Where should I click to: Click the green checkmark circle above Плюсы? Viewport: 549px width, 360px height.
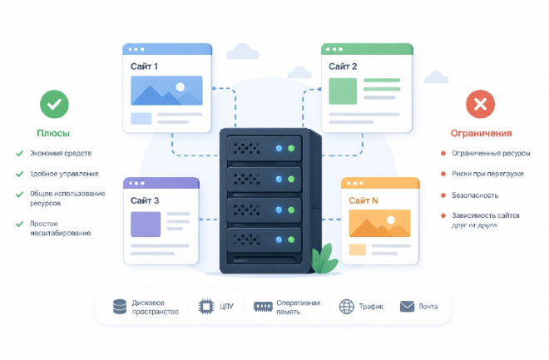tap(54, 104)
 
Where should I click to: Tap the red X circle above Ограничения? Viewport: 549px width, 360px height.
tap(479, 104)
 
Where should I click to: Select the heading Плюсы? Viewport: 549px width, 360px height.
tap(53, 133)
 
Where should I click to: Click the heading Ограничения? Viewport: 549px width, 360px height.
tap(481, 133)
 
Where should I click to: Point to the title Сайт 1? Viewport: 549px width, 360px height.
tap(145, 66)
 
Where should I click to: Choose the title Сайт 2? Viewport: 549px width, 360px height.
tap(343, 66)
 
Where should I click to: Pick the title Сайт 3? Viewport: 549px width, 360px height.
tap(145, 200)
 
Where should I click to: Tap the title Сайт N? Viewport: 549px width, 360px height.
tap(364, 200)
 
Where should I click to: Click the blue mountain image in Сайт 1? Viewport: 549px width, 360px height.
tap(166, 91)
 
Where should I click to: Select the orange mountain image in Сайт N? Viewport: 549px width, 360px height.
tap(379, 224)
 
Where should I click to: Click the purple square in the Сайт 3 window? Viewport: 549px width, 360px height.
tap(146, 224)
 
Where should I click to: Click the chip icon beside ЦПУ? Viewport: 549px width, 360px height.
tap(205, 307)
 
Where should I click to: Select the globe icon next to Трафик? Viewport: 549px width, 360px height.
tap(347, 307)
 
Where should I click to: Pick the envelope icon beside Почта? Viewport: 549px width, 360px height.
tap(407, 307)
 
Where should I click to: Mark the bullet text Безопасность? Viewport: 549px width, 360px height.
tap(475, 195)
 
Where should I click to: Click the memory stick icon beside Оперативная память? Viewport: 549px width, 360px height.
tap(264, 307)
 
